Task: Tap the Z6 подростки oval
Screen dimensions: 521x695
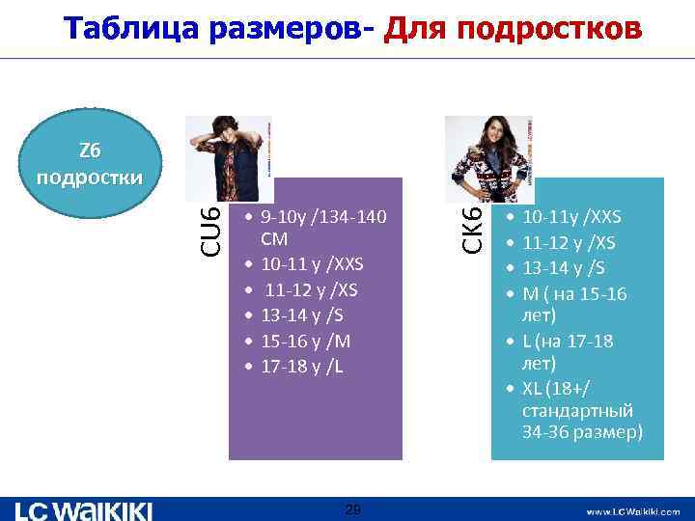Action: (88, 164)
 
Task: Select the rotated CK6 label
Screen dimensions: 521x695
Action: (471, 228)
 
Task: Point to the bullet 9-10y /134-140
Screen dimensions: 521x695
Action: (322, 217)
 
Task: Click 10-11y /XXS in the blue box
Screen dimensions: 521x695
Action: (570, 216)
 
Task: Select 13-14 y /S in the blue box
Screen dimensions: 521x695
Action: (566, 266)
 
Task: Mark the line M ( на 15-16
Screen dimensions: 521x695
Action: (573, 291)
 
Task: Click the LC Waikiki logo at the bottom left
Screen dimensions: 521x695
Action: (85, 509)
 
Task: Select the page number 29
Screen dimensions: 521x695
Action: (352, 509)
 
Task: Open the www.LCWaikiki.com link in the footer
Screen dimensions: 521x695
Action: (632, 511)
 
